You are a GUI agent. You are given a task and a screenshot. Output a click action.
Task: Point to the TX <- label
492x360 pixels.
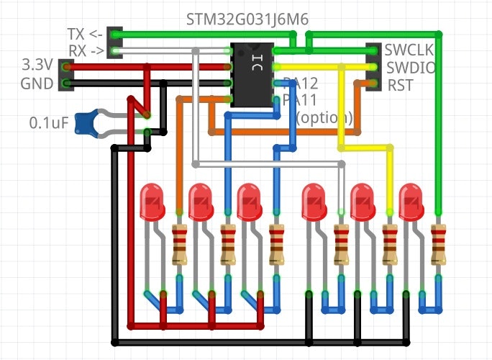[85, 35]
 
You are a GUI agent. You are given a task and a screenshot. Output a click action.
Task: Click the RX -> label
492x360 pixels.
[85, 50]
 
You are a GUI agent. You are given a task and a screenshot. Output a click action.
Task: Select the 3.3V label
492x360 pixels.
[37, 67]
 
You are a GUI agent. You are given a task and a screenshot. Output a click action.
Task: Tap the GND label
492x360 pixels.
[37, 84]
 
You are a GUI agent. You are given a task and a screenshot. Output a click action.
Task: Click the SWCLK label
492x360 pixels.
[408, 50]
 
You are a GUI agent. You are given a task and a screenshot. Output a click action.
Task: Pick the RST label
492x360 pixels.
[400, 86]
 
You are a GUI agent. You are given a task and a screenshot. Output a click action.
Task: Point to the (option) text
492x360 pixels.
[324, 117]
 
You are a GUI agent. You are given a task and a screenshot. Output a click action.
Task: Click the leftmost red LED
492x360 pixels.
[152, 202]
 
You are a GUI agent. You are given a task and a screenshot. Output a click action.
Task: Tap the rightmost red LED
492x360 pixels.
[411, 202]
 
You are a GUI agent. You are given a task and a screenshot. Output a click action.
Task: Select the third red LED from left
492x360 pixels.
[248, 202]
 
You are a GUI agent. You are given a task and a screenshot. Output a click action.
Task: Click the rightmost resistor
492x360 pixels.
[437, 245]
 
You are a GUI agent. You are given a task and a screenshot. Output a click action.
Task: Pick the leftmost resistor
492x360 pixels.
[179, 245]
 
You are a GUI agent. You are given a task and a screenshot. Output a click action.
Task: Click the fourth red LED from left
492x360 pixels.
[314, 202]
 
